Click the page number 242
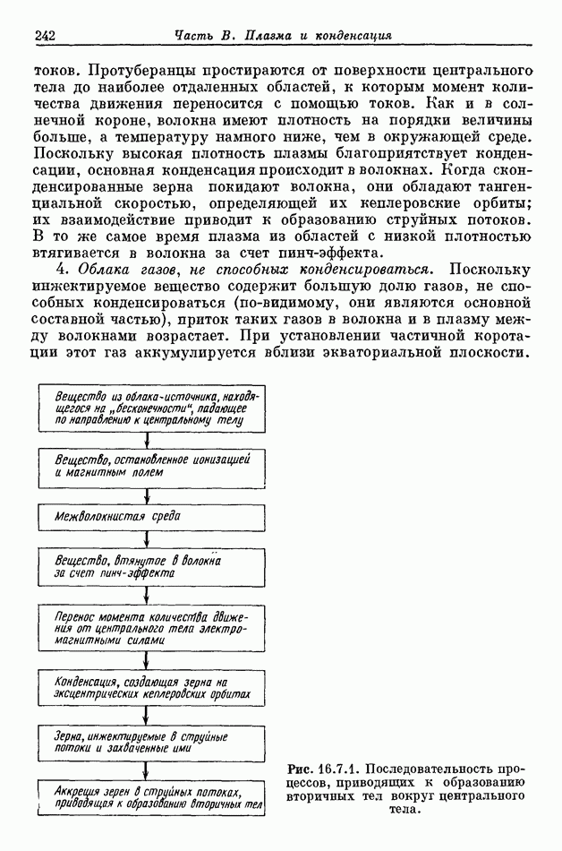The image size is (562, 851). pyautogui.click(x=45, y=36)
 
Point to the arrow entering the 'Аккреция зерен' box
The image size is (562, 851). pyautogui.click(x=146, y=772)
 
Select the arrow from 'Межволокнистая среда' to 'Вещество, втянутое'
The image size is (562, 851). pyautogui.click(x=146, y=539)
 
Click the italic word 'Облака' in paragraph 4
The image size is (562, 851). pyautogui.click(x=85, y=269)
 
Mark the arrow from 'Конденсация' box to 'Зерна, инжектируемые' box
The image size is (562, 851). pyautogui.click(x=146, y=716)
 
